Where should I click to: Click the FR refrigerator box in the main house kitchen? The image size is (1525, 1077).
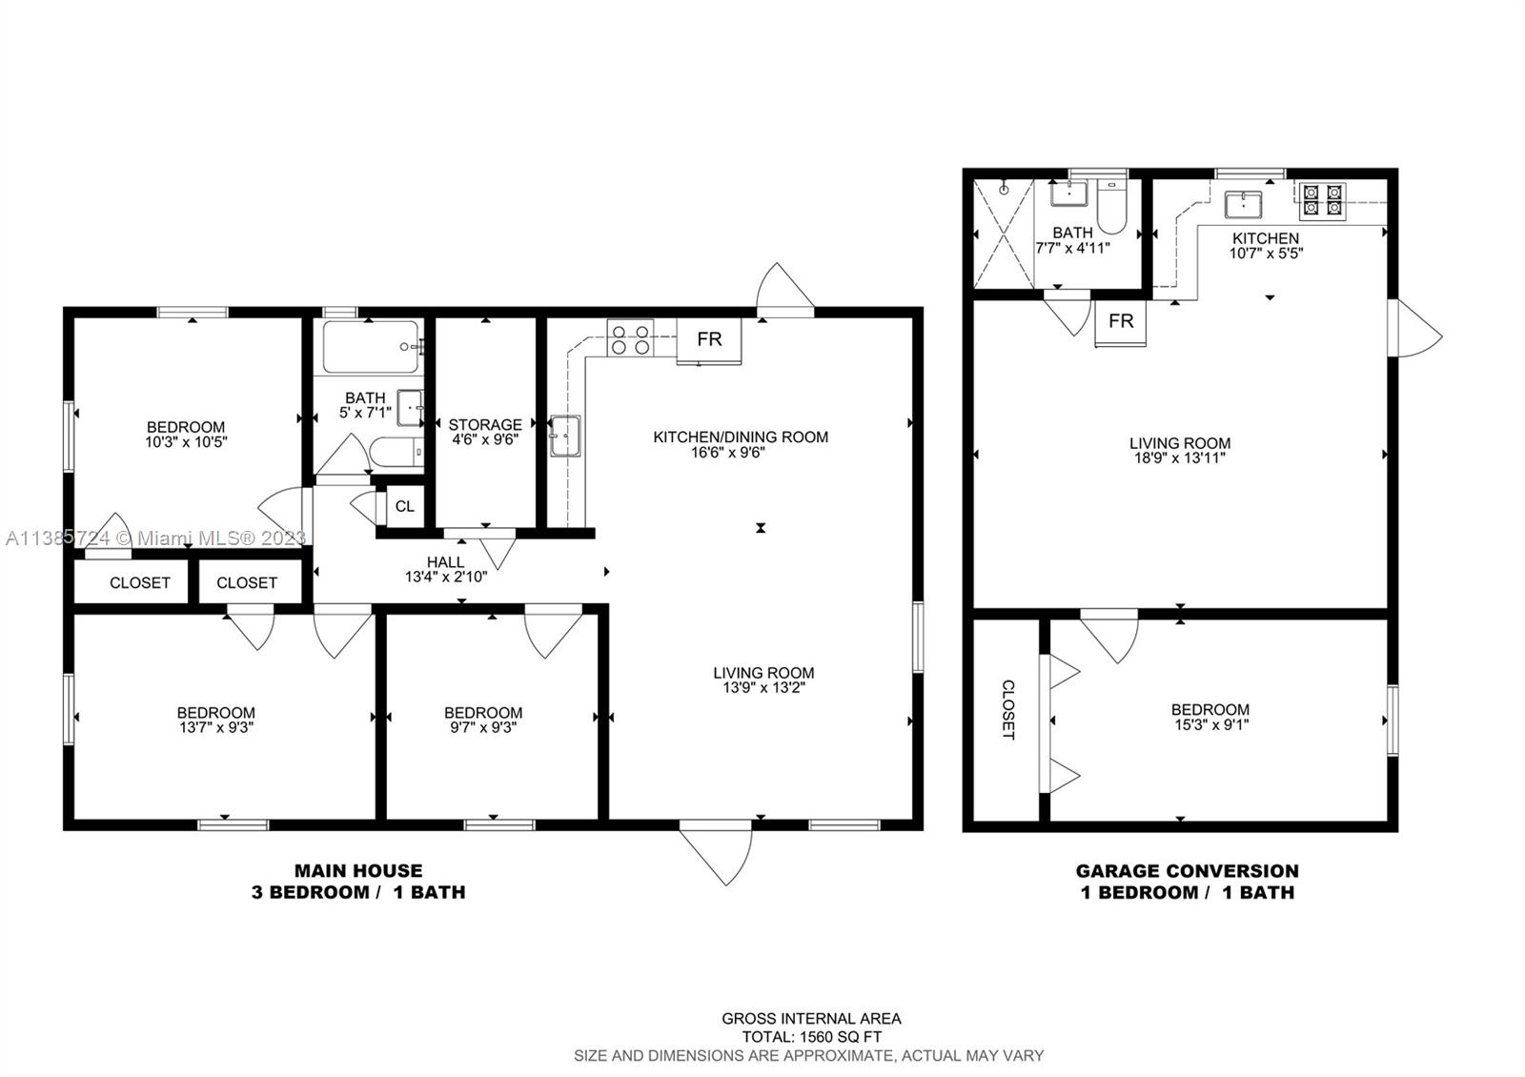[708, 339]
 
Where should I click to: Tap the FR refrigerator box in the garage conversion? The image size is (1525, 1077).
[1121, 322]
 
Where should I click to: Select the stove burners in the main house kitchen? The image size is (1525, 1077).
[630, 339]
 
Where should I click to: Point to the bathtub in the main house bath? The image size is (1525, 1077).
[370, 347]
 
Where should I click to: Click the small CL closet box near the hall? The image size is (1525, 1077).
[404, 506]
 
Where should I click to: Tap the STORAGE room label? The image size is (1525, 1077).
[485, 424]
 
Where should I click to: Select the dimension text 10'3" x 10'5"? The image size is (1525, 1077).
[186, 442]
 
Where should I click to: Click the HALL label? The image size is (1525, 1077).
[445, 562]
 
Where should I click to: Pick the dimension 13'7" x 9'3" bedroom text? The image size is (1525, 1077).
[215, 727]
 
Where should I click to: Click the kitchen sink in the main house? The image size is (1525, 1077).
[564, 437]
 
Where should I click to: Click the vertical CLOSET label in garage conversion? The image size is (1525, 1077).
[1007, 710]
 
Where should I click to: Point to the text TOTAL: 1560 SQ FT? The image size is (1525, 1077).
[812, 1037]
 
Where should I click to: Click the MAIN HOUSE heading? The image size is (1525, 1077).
[357, 870]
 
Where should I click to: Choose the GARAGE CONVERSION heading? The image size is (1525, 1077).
[1187, 870]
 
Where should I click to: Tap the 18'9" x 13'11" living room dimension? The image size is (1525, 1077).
[1180, 457]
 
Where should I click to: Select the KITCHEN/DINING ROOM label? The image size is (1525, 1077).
[741, 437]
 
